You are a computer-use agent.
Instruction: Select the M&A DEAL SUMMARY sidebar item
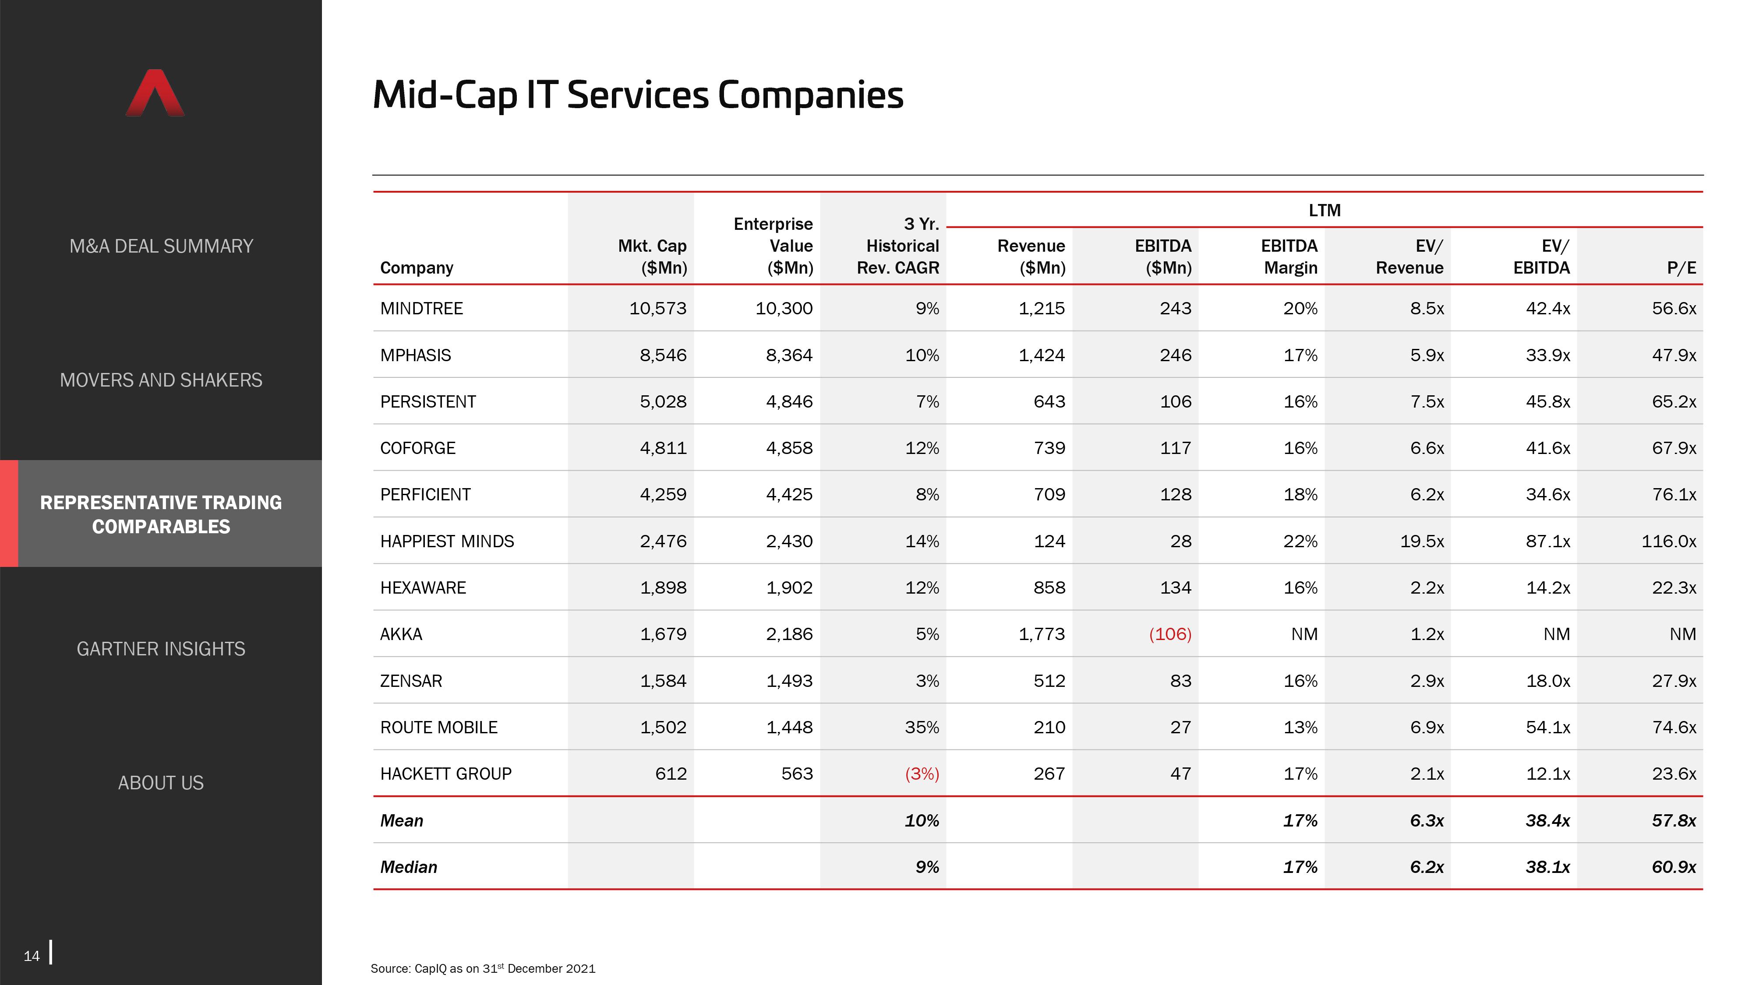(161, 246)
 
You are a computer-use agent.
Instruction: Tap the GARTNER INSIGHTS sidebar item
(161, 649)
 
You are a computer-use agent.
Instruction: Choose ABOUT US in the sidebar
(161, 783)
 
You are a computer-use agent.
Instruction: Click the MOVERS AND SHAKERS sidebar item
(161, 380)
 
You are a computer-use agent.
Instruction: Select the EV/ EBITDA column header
(1542, 257)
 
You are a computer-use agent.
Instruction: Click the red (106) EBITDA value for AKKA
(1170, 634)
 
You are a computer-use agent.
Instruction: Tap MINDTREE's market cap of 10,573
(658, 309)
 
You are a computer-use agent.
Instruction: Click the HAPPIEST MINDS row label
(447, 541)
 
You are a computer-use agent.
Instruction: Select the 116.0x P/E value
(1669, 541)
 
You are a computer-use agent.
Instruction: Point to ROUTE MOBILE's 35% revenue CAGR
(922, 727)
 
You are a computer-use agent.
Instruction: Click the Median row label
(409, 867)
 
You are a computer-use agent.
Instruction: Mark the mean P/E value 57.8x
(1674, 820)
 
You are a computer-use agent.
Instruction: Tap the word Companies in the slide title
(811, 95)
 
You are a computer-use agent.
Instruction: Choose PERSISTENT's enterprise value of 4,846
(790, 402)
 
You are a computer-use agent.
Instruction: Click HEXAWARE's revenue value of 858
(1049, 588)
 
